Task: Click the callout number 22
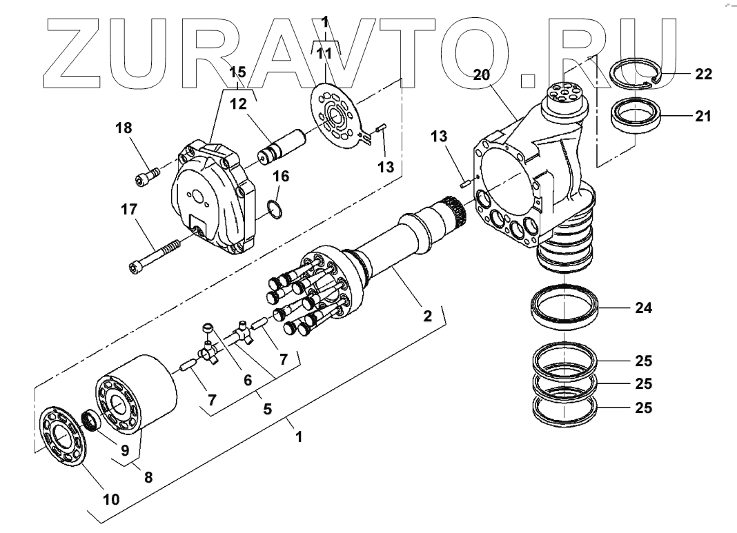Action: [703, 74]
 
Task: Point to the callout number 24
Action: [643, 308]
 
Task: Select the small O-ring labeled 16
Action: [275, 209]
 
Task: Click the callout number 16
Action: [280, 177]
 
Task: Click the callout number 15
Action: [237, 72]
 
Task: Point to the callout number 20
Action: [482, 75]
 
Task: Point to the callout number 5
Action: [267, 408]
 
